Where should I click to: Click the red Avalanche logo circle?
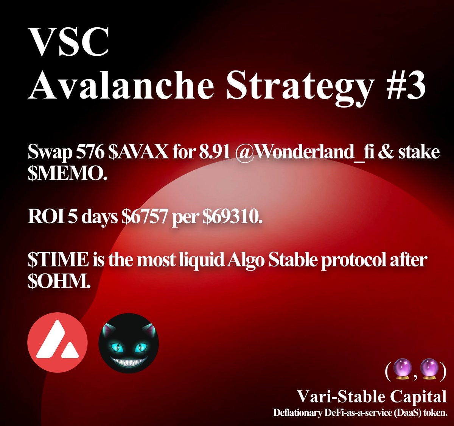[58, 343]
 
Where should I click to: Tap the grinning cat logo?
[129, 343]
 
